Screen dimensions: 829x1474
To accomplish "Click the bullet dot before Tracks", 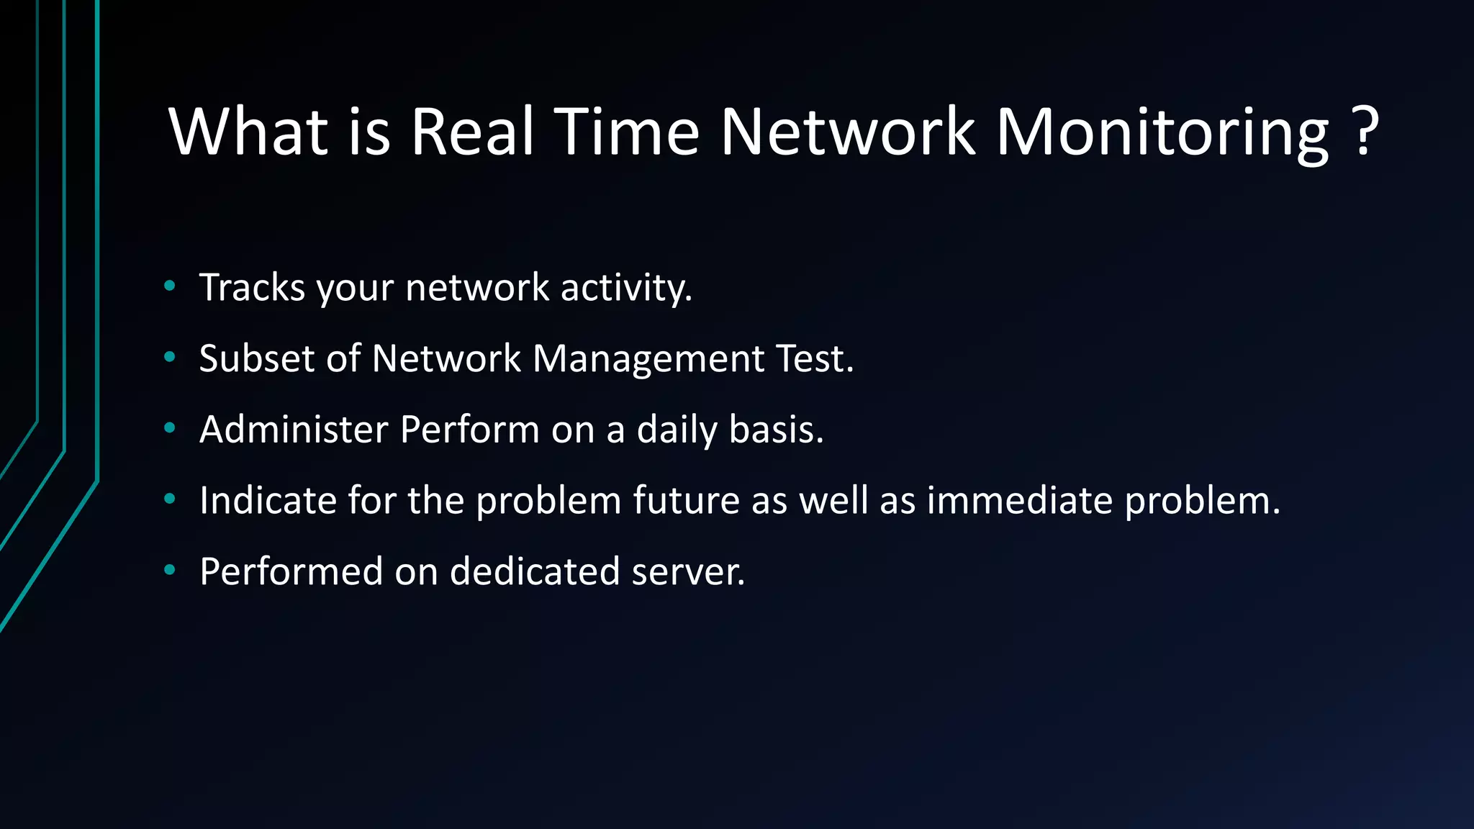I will tap(170, 286).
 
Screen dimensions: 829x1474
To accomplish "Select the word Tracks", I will tap(252, 288).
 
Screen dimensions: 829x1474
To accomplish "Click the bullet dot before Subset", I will tap(170, 357).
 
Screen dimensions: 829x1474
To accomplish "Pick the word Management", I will tap(648, 359).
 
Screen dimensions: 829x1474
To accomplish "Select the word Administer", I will tap(293, 430).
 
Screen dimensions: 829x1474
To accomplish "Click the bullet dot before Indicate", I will tap(170, 499).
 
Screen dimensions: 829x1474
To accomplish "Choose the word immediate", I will tap(1019, 500).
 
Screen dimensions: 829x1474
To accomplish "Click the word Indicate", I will tap(268, 500).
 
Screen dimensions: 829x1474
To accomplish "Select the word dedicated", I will tap(535, 571).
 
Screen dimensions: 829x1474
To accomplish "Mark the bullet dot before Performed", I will tap(170, 570).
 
